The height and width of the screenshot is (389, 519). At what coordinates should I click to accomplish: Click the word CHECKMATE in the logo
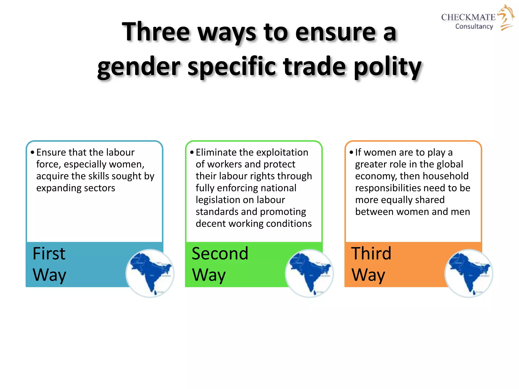point(468,17)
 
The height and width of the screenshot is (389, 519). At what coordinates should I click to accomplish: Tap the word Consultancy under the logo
point(474,26)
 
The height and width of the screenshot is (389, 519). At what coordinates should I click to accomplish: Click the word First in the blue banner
point(49,254)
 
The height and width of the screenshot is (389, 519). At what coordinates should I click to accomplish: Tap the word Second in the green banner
point(220,254)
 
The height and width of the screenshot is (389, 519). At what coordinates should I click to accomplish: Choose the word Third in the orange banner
point(371,254)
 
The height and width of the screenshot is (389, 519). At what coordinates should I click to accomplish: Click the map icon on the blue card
point(150,274)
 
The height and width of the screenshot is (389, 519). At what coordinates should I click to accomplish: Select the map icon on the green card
point(309,274)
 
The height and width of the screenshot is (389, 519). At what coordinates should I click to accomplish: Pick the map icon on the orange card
point(469,274)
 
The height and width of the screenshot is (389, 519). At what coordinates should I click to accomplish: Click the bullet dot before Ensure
point(32,152)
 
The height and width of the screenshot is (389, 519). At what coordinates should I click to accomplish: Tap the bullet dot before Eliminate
point(192,152)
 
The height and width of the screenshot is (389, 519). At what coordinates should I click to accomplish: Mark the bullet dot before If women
point(351,152)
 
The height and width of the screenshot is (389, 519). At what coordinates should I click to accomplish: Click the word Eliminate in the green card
point(216,152)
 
